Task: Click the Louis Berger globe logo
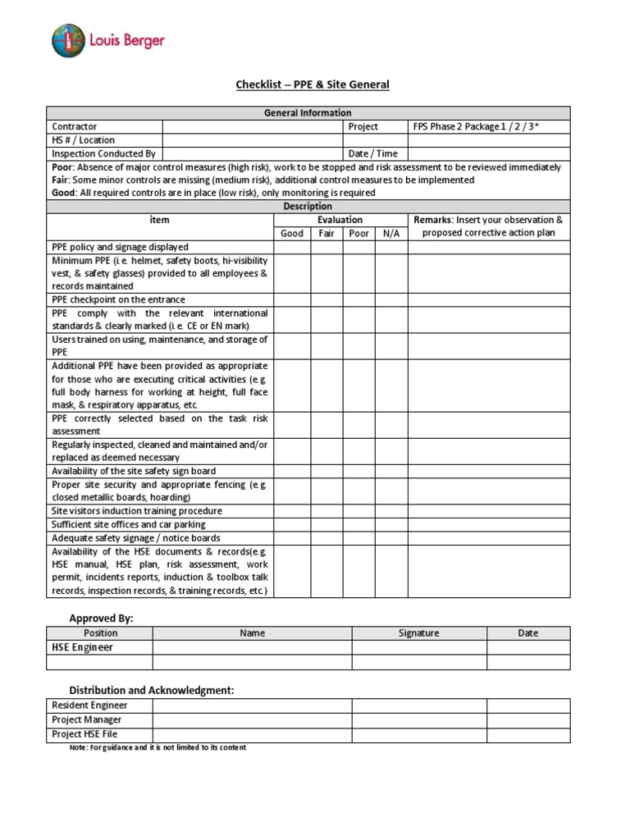(x=68, y=41)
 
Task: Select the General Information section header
(x=308, y=113)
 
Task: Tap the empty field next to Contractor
(x=252, y=126)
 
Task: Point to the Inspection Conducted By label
(x=103, y=153)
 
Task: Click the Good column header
(x=292, y=233)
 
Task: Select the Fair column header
(x=326, y=233)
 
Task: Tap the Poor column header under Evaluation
(x=358, y=233)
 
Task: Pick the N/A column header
(x=391, y=233)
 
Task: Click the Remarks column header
(x=488, y=226)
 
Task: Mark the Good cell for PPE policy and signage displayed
(x=292, y=247)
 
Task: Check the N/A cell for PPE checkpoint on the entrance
(x=391, y=299)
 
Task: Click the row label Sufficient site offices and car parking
(x=129, y=524)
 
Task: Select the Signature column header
(x=419, y=633)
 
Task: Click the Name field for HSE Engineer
(x=252, y=647)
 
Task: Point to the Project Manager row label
(x=87, y=719)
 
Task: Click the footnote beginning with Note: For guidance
(x=157, y=747)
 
